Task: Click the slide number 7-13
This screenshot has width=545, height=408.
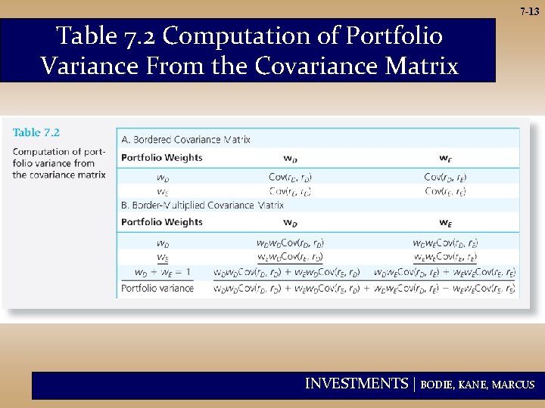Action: [529, 11]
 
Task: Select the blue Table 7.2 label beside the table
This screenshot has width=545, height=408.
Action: [36, 132]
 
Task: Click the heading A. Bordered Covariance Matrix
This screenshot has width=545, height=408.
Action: [185, 139]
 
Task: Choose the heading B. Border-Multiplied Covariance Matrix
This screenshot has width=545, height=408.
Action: [202, 205]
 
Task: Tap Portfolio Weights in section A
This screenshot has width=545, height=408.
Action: [162, 158]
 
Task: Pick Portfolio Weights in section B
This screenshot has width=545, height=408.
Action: [162, 222]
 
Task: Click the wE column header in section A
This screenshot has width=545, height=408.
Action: [445, 158]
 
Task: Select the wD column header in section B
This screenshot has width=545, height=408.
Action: [290, 222]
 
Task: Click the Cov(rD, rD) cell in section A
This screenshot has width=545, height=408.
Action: [290, 177]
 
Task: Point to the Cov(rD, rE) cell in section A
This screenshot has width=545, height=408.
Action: [445, 177]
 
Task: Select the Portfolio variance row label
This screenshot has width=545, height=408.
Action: [157, 288]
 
